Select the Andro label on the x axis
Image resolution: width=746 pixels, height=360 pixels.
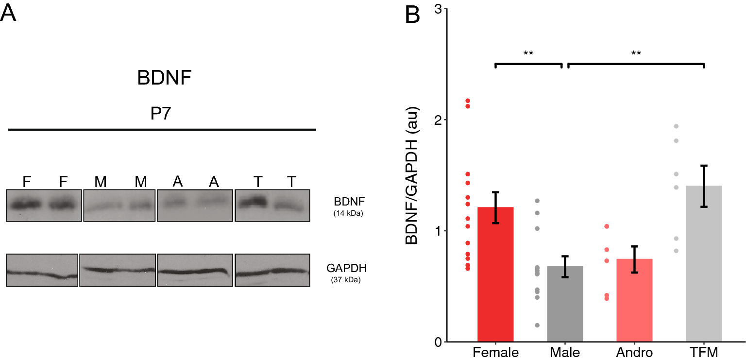pyautogui.click(x=634, y=351)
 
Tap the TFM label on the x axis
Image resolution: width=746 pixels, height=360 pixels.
pyautogui.click(x=704, y=351)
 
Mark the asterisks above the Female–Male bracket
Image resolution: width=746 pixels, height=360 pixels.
pyautogui.click(x=528, y=53)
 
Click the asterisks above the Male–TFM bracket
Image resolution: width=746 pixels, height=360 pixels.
pyautogui.click(x=636, y=53)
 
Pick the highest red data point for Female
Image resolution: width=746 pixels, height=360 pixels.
pyautogui.click(x=468, y=101)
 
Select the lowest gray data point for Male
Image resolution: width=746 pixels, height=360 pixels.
pyautogui.click(x=537, y=325)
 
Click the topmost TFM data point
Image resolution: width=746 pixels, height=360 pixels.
pyautogui.click(x=676, y=126)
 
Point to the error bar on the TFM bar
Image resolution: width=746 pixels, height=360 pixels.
pyautogui.click(x=704, y=186)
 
